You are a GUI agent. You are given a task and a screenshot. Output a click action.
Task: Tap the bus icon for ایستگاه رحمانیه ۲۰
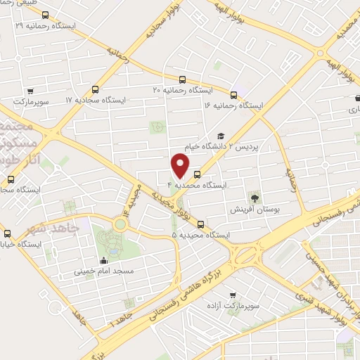pos(183,79)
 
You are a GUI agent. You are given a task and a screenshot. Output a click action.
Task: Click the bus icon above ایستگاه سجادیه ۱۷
pos(95,89)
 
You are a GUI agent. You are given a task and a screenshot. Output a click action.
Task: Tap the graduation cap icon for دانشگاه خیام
pos(220,136)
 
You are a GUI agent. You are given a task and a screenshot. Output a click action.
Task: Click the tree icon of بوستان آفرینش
pos(255,199)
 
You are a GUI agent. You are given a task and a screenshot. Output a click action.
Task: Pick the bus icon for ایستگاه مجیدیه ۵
pos(201,224)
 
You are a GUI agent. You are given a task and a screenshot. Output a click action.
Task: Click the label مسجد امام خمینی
pos(109,270)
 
